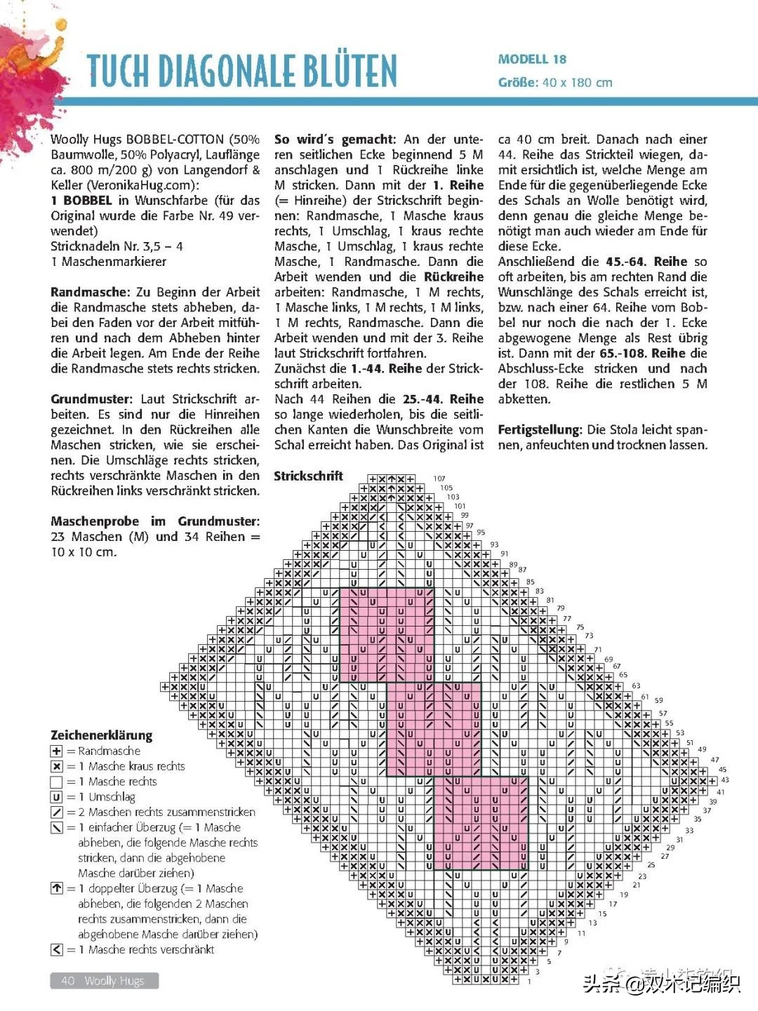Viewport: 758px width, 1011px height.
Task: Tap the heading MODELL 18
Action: (x=532, y=60)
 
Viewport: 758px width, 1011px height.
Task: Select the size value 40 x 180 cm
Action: (x=577, y=83)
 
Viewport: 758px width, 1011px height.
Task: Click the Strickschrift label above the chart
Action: (x=308, y=476)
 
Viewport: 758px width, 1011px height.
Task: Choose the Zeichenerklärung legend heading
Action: (x=101, y=735)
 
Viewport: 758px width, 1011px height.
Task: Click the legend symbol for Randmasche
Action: (x=57, y=751)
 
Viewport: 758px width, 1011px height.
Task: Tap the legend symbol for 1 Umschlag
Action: (x=57, y=797)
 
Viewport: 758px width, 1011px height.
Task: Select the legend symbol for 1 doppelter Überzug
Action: (x=57, y=889)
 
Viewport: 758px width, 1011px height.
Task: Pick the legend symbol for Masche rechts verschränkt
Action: (x=57, y=950)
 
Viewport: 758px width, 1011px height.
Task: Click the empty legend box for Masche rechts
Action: (x=57, y=782)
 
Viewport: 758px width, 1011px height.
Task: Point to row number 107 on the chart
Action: (x=439, y=478)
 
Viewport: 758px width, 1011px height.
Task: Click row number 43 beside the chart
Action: (x=725, y=779)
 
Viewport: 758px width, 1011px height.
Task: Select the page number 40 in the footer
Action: (x=68, y=981)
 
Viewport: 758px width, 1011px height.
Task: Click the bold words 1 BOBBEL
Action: (x=81, y=201)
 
